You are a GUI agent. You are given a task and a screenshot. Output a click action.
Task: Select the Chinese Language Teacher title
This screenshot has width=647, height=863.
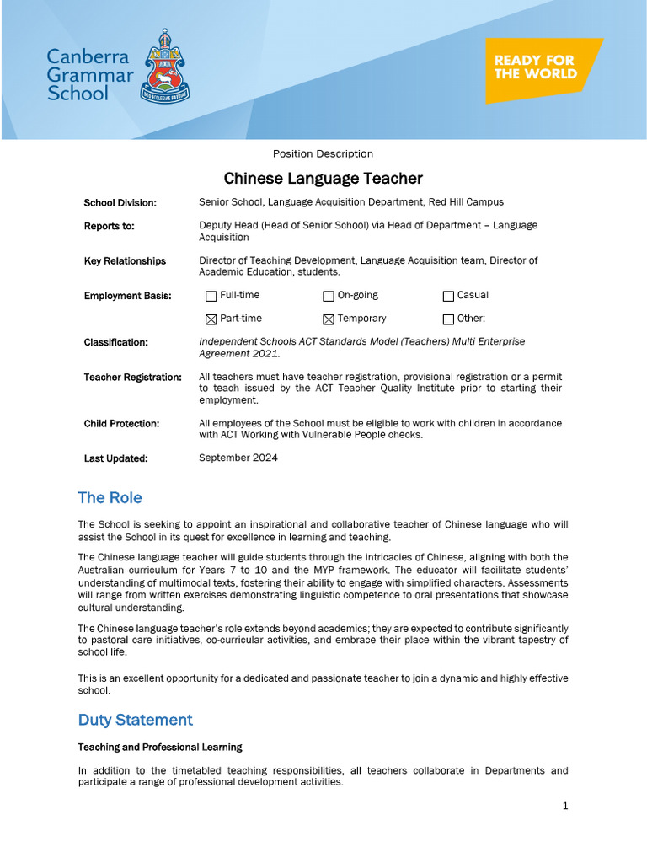[323, 179]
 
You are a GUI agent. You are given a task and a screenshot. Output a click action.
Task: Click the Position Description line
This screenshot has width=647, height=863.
[323, 153]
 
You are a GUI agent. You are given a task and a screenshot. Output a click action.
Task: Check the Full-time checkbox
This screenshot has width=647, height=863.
[211, 296]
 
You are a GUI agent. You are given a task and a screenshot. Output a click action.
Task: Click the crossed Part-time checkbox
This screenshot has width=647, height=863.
[211, 319]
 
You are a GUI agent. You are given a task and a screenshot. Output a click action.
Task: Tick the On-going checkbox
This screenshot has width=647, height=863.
[329, 296]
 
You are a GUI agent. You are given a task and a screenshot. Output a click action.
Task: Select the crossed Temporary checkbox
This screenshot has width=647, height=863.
[329, 319]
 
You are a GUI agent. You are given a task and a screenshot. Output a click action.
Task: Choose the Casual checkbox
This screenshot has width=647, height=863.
[448, 296]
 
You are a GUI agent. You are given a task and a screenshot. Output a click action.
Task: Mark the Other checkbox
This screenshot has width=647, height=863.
[448, 319]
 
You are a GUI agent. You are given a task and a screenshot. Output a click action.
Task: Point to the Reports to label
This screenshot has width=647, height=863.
[110, 226]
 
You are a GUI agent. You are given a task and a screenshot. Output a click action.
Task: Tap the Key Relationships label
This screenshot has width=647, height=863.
[125, 261]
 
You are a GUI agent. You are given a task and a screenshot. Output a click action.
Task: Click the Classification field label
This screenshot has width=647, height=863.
[116, 342]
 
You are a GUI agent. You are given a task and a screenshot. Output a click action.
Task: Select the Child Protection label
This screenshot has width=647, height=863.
[122, 424]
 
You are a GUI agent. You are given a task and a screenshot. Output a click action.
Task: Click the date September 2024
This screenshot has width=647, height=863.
[238, 458]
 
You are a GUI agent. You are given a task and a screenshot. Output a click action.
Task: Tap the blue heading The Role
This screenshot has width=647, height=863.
[110, 498]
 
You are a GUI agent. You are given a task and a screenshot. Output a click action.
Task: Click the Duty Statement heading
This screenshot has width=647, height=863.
[136, 720]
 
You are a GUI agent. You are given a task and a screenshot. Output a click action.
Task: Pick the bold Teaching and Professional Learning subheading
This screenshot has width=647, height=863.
[160, 748]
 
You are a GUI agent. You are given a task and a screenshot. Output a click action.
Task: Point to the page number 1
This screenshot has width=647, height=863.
[565, 806]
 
